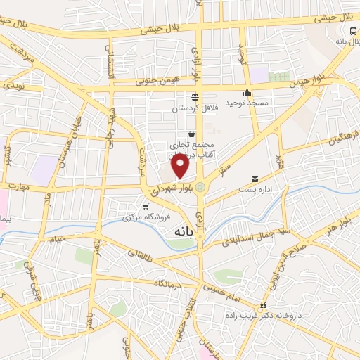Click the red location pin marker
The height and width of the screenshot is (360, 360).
pos(181,166)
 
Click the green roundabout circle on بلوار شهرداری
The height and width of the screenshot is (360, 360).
pos(202,187)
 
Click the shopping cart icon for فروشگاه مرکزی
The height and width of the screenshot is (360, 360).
pos(146,207)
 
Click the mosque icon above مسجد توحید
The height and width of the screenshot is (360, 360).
pos(247,93)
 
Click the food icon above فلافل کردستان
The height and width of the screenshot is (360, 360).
pos(195,97)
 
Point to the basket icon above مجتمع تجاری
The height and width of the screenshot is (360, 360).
pos(191,133)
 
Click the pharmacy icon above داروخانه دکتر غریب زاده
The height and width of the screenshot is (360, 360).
pos(264,306)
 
